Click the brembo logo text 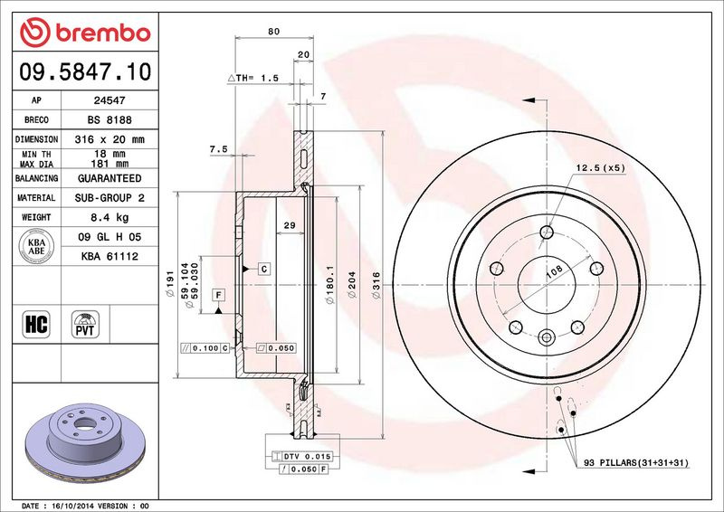tap(103, 33)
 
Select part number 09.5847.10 tap(85, 71)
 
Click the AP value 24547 tap(110, 100)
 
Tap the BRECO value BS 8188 tap(110, 120)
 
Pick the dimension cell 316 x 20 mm tap(110, 139)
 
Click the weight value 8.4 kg tap(110, 217)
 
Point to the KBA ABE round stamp tap(36, 247)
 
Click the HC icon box tap(36, 324)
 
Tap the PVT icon tap(85, 324)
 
